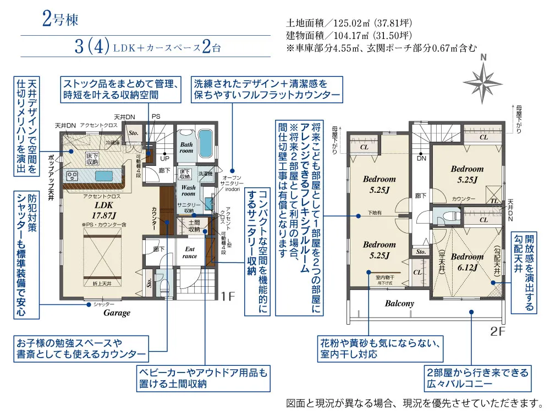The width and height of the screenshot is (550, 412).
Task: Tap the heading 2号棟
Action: [x=61, y=20]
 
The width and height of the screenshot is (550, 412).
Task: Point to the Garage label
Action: [x=117, y=313]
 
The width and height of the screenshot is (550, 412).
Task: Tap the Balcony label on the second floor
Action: [x=399, y=303]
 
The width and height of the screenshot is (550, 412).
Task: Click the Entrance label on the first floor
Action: [x=190, y=252]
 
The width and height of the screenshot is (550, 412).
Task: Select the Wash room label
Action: [x=188, y=190]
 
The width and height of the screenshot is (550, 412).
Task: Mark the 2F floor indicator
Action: [x=497, y=331]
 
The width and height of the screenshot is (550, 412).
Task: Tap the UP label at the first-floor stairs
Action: [x=164, y=158]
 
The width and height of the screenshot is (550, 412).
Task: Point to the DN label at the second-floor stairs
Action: [x=421, y=158]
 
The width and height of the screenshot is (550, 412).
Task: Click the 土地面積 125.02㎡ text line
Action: [x=349, y=24]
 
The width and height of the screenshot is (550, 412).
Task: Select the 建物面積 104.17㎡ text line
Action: [x=349, y=36]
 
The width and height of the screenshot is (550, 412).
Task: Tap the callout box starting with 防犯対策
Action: [x=27, y=254]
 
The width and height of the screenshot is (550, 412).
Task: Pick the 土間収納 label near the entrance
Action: [x=194, y=225]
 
